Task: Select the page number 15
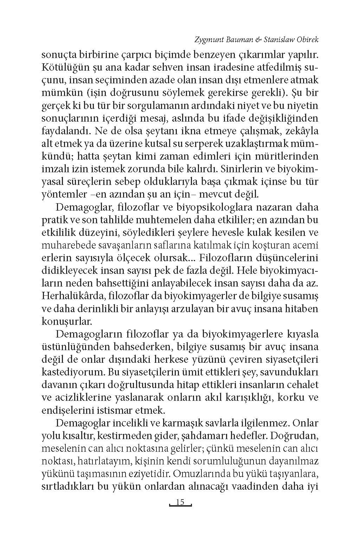(180, 502)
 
